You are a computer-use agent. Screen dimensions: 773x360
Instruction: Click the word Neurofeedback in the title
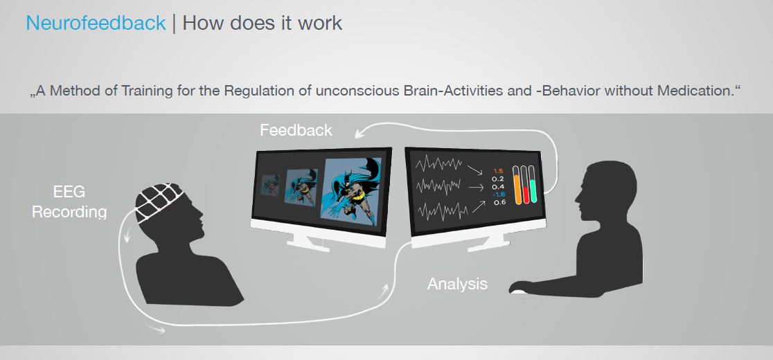96,23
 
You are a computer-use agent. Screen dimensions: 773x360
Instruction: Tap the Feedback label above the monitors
296,130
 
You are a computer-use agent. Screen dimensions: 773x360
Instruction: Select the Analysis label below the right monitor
457,284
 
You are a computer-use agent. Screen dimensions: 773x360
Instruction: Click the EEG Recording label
69,202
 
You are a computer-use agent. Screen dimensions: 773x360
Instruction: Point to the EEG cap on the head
159,202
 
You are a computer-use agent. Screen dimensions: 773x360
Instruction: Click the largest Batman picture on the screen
351,191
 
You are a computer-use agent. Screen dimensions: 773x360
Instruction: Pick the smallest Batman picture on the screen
269,185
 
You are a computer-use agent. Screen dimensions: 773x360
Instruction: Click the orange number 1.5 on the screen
498,171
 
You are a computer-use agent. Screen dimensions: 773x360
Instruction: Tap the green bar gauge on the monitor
533,185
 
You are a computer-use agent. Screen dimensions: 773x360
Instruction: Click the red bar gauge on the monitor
524,185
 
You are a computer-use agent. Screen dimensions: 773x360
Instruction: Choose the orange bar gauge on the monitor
517,185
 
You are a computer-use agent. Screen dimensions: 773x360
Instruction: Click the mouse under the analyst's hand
517,291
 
